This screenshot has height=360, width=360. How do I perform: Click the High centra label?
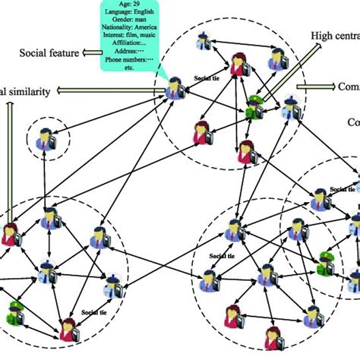click(334, 36)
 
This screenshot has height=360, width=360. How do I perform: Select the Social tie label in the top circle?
click(206, 78)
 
